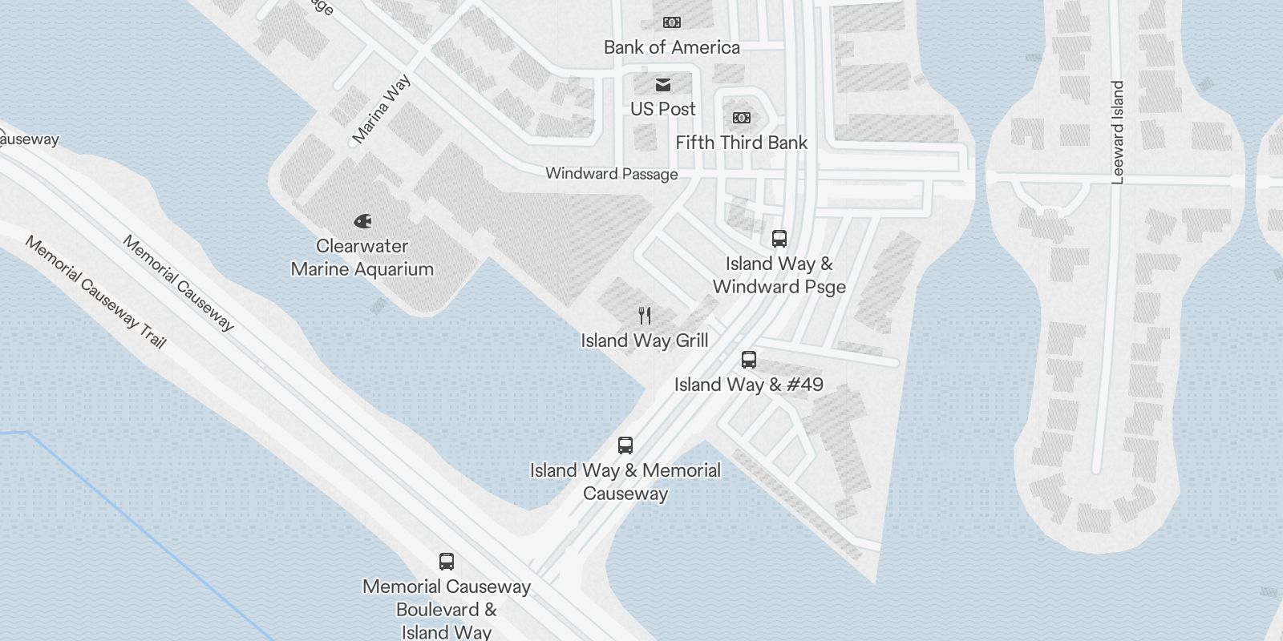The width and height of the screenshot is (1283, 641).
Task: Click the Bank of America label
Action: pyautogui.click(x=671, y=47)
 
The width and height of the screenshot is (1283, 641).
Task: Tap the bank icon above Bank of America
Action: pyautogui.click(x=671, y=22)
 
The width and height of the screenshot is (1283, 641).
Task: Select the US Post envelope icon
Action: pyautogui.click(x=662, y=84)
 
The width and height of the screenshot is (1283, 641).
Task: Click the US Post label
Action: pyautogui.click(x=662, y=109)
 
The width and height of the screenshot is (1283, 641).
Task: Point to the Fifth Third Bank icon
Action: pyautogui.click(x=741, y=118)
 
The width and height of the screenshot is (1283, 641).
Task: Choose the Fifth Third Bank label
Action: pyautogui.click(x=741, y=143)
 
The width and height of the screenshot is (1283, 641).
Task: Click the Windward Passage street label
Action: pyautogui.click(x=611, y=174)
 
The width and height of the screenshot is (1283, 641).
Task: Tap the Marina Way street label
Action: pyautogui.click(x=382, y=109)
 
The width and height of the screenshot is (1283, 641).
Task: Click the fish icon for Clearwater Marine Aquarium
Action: pyautogui.click(x=362, y=220)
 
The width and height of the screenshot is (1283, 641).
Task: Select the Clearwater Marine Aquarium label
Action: pyautogui.click(x=362, y=257)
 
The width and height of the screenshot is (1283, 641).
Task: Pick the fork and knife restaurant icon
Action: pyautogui.click(x=644, y=315)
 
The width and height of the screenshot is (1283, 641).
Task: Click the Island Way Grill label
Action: pyautogui.click(x=644, y=341)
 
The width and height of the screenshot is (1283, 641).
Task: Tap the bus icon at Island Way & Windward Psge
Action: pyautogui.click(x=779, y=238)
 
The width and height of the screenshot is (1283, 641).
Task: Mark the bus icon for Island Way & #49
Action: pyautogui.click(x=748, y=359)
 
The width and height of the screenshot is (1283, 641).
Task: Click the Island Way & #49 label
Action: pyautogui.click(x=748, y=385)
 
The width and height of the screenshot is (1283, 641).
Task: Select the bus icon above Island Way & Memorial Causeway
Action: pyautogui.click(x=625, y=445)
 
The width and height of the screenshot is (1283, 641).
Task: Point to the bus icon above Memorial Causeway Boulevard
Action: pyautogui.click(x=447, y=562)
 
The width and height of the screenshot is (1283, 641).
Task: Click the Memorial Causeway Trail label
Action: pyautogui.click(x=95, y=292)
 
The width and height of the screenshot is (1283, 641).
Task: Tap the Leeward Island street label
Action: pyautogui.click(x=1118, y=132)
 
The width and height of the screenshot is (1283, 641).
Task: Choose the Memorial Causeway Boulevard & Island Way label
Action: pyautogui.click(x=447, y=609)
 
